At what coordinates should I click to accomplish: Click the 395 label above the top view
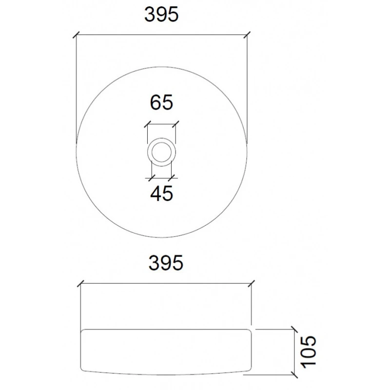tap(162, 16)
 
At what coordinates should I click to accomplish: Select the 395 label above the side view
tap(165, 263)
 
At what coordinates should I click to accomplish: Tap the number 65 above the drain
tap(162, 103)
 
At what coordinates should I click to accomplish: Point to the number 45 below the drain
tap(162, 194)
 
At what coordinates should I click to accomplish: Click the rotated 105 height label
tap(308, 351)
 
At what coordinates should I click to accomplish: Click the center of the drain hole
tap(162, 152)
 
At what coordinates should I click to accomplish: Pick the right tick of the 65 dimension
tap(176, 123)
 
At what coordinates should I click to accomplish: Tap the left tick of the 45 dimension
tap(152, 176)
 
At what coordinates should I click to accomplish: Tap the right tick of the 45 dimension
tap(172, 176)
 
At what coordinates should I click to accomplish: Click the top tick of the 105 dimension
tap(294, 329)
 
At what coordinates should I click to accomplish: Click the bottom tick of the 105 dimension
tap(294, 374)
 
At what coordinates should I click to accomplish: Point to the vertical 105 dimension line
tap(294, 351)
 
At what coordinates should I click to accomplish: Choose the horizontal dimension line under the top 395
tap(162, 35)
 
